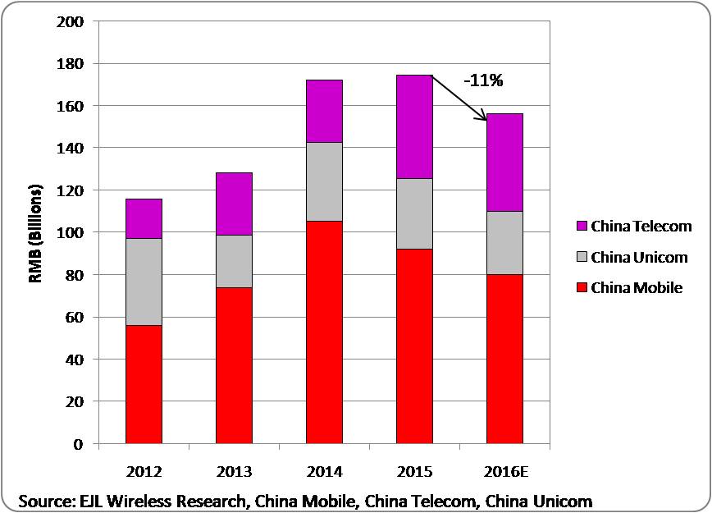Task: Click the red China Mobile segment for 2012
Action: [x=144, y=384]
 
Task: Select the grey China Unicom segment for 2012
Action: [x=144, y=282]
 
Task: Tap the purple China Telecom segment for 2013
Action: [x=234, y=204]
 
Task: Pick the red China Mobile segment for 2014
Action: [x=324, y=332]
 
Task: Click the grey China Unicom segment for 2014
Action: [x=324, y=181]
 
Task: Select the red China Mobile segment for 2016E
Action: [x=504, y=359]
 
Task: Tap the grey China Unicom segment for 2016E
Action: [x=504, y=243]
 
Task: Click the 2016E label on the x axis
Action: [x=504, y=473]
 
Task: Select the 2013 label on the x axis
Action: [x=234, y=473]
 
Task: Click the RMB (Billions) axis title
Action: [x=35, y=232]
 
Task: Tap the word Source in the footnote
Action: [x=44, y=500]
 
